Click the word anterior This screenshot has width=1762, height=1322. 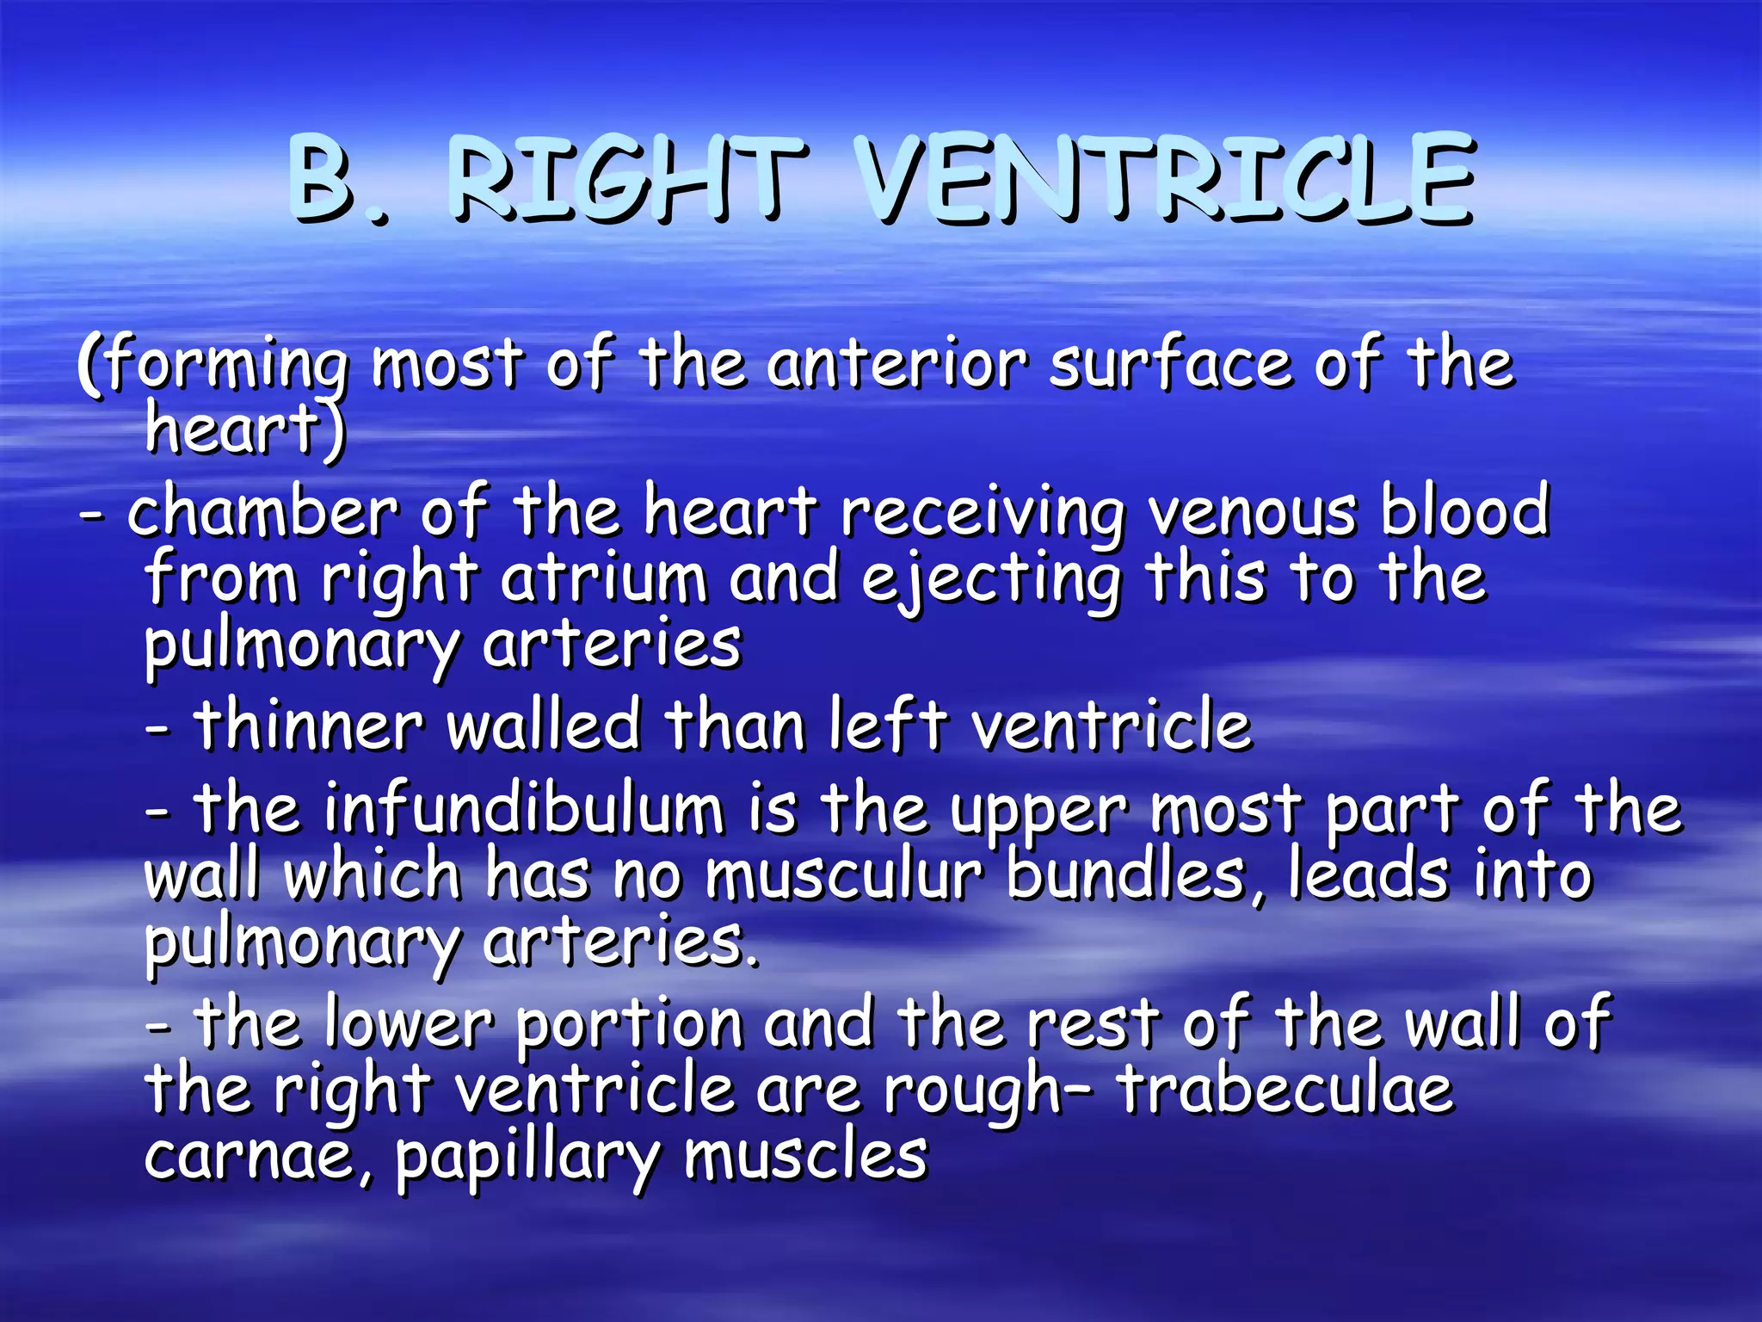[896, 364]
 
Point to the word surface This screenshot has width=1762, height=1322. [1170, 364]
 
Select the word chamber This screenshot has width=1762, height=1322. [262, 511]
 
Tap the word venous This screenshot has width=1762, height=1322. [1253, 511]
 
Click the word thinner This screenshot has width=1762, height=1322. [309, 726]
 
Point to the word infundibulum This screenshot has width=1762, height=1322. [525, 810]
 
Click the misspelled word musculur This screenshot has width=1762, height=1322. [843, 876]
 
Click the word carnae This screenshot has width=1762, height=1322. [250, 1156]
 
